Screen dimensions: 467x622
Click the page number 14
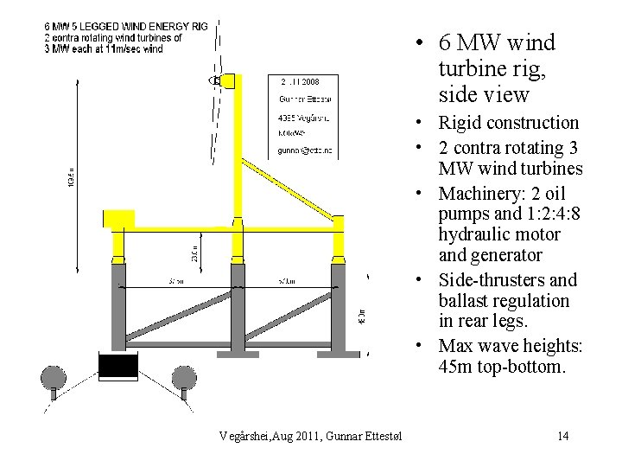click(563, 435)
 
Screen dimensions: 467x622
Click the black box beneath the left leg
click(117, 366)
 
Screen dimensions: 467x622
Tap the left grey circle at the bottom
click(54, 378)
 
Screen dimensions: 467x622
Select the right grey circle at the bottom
click(184, 378)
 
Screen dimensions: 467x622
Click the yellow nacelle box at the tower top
click(229, 81)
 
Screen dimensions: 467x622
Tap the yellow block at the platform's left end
click(118, 221)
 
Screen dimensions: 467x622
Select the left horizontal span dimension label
click(176, 281)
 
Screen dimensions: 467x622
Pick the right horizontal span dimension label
click(287, 281)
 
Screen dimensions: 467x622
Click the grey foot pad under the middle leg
click(237, 354)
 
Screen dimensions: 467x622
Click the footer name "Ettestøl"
click(384, 435)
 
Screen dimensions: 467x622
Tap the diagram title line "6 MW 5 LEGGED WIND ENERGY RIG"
click(126, 28)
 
